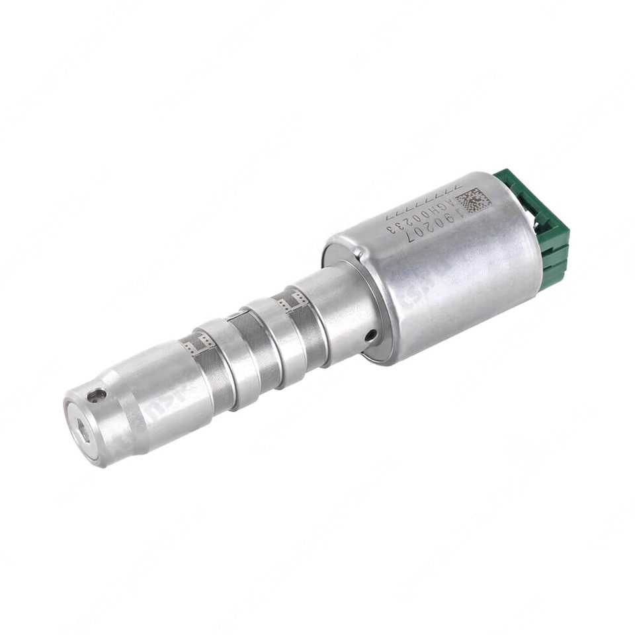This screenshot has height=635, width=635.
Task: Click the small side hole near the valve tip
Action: point(97,396)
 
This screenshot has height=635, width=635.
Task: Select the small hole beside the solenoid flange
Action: point(371,335)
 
